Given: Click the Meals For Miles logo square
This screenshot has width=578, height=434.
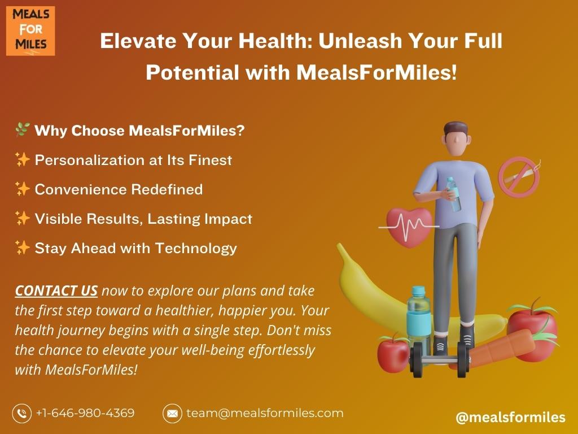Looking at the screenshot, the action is tap(30, 31).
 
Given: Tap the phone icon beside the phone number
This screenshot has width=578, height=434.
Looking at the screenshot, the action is tap(22, 413).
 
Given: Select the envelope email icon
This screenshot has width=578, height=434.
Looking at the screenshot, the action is tap(172, 413).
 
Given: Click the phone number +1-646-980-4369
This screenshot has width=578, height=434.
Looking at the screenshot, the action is tap(85, 413).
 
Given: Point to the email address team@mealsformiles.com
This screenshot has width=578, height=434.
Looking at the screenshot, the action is tap(265, 413).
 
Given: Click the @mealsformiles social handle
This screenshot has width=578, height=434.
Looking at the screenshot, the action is tap(510, 417).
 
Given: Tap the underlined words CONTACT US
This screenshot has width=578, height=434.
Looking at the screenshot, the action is tap(56, 291).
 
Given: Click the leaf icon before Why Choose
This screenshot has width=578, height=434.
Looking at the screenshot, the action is tap(22, 129).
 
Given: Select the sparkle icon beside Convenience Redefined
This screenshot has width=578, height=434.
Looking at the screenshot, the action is tap(22, 189).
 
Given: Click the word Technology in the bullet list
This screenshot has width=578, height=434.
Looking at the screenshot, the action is tap(196, 249).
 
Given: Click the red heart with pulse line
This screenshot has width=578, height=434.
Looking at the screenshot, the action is tap(409, 227).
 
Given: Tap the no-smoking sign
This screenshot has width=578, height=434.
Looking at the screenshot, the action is tap(519, 177).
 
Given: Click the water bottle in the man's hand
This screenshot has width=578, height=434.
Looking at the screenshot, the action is tap(454, 194).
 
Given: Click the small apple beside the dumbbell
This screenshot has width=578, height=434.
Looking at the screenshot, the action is tap(393, 354).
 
